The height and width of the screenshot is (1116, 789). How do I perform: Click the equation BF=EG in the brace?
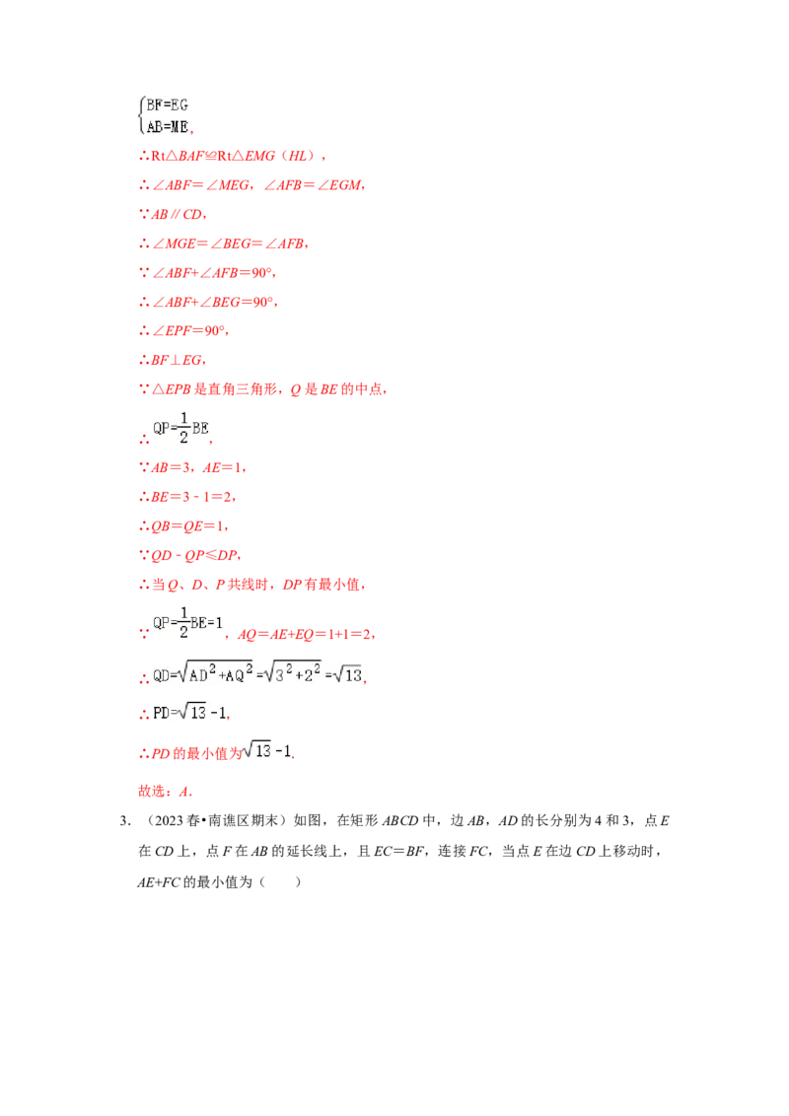pos(168,105)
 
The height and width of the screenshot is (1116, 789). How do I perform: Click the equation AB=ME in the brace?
pos(168,127)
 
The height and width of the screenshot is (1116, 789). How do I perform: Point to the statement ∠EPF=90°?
pos(183,331)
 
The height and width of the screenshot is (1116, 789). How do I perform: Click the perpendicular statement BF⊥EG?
pos(173,360)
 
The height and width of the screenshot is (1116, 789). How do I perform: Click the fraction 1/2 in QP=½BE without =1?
pos(183,428)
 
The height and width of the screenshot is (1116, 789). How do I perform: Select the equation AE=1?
pos(224,467)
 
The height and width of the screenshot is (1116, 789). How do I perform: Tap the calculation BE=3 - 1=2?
pos(187,497)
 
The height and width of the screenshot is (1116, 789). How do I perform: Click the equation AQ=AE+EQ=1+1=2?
pos(306,634)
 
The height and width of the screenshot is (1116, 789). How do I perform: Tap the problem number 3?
pos(123,820)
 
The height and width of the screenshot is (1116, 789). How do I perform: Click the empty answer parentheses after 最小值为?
pos(280,882)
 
